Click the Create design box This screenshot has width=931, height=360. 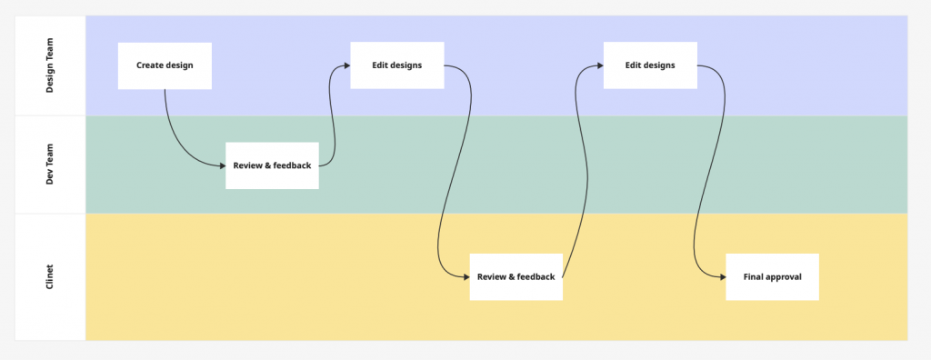tap(165, 65)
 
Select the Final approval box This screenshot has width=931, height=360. tap(772, 276)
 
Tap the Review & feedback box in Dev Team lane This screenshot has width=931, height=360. tap(272, 165)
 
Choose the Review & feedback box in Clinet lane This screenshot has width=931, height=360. tap(516, 276)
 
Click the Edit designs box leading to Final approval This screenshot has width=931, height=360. tap(650, 65)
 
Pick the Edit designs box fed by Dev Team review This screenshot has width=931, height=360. tap(396, 65)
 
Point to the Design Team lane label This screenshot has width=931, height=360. tap(51, 65)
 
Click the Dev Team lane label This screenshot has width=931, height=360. tap(51, 165)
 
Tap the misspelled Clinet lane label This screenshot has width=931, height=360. tap(51, 276)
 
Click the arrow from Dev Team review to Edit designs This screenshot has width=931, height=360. tap(333, 118)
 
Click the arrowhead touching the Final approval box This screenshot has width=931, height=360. tap(721, 276)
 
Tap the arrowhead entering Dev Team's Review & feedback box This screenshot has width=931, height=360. tap(220, 165)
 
